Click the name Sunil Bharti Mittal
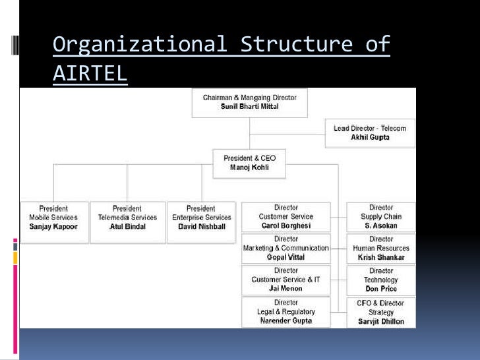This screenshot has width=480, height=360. [249, 107]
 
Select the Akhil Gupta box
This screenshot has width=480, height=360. [370, 133]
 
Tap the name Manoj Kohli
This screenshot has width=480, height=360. [249, 168]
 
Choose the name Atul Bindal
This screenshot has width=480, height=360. [127, 226]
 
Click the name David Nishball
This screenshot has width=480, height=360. [201, 226]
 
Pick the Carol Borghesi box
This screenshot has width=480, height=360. [285, 217]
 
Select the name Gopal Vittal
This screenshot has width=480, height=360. [285, 257]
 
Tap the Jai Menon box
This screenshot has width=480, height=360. [285, 280]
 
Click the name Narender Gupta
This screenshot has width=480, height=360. [285, 321]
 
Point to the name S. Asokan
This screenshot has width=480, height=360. [381, 226]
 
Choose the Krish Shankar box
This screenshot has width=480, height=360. [381, 249]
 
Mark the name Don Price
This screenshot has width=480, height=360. [381, 289]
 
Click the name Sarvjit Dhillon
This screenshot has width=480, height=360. [381, 322]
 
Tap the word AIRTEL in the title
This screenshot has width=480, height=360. [90, 74]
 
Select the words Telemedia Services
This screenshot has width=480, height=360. [127, 217]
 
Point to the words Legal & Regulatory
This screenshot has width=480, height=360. [285, 312]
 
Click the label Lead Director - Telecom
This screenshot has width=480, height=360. [370, 129]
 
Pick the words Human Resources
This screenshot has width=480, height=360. [381, 249]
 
